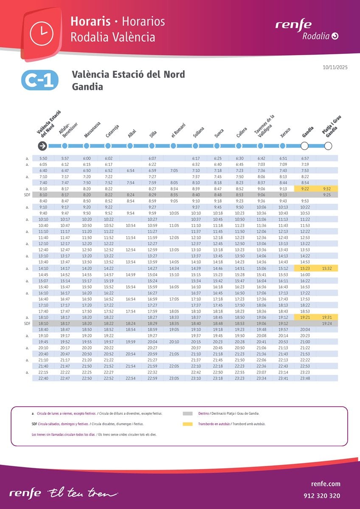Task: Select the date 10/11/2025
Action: [335, 67]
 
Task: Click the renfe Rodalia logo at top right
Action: [307, 30]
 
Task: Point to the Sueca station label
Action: [219, 133]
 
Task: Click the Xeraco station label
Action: [286, 132]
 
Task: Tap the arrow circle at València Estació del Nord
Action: [42, 146]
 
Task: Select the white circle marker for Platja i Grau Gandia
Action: [328, 146]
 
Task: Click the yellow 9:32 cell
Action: [326, 189]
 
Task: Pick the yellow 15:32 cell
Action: [326, 268]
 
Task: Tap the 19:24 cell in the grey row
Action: [326, 323]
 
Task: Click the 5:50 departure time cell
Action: [43, 158]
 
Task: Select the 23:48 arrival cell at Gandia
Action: [304, 378]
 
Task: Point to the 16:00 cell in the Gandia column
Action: [304, 274]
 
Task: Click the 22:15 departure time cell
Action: [43, 372]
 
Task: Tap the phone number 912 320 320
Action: [322, 495]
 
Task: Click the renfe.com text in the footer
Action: [325, 484]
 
